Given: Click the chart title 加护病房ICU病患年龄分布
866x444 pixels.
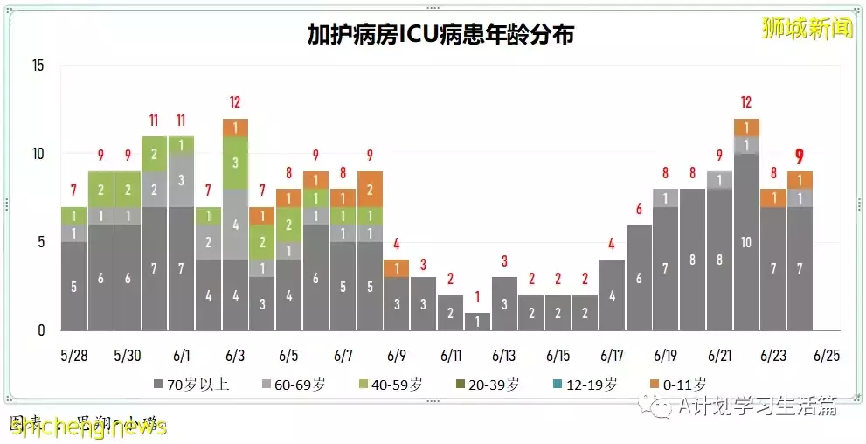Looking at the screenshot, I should (440, 34).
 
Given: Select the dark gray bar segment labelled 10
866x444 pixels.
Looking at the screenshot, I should (745, 241).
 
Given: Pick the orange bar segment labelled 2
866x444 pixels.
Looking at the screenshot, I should (370, 189).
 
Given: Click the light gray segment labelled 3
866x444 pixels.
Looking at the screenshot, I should (181, 180).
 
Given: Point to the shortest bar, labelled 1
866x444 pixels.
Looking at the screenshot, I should (477, 321).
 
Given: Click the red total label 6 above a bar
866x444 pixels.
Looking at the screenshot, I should (639, 209).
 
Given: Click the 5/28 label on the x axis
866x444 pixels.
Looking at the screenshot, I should (74, 357).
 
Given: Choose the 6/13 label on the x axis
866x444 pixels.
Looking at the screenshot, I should (504, 357).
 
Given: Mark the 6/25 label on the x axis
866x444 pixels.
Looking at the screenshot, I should (827, 357).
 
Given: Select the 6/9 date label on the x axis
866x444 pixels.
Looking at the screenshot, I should (397, 357).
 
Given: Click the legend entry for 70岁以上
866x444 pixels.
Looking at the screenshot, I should (192, 384).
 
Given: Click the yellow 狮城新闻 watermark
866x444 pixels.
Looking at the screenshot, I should (807, 28).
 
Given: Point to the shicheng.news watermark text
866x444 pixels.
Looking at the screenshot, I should (87, 427).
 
